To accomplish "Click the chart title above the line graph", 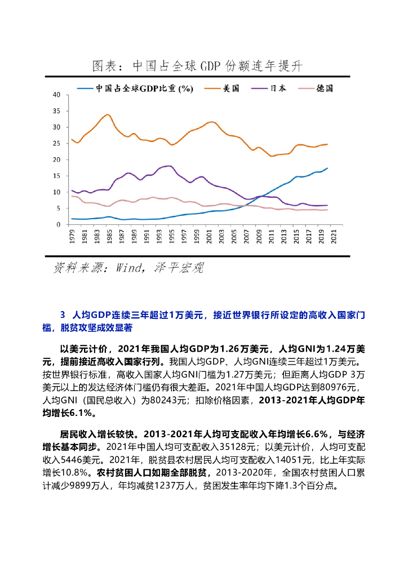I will point(197,66).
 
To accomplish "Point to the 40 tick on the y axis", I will point(56,95).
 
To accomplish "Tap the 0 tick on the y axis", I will point(58,225).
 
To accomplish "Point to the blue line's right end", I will point(327,168).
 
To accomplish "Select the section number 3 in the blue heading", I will point(63,315).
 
